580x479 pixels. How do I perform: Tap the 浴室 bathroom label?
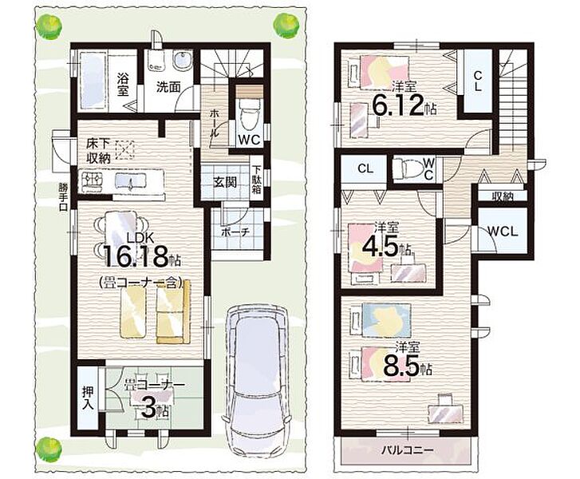point(123,84)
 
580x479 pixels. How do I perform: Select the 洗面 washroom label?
point(168,87)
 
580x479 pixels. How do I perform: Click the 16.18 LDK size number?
point(136,256)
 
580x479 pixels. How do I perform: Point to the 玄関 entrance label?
point(225,182)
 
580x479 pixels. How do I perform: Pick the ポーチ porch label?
point(235,232)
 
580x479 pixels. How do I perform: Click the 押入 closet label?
point(88,398)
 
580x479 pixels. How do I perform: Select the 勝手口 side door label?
point(63,197)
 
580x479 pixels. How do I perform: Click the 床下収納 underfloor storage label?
point(99,150)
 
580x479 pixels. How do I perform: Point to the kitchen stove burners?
point(90,180)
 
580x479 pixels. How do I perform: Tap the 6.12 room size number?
point(397,105)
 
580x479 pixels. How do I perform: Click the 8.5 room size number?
point(401,366)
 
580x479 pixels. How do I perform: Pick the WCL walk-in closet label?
point(503,232)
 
